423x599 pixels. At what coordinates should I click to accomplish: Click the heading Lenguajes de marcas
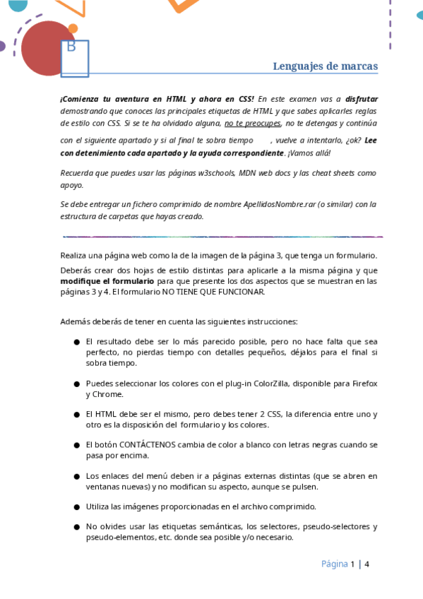[x=325, y=66]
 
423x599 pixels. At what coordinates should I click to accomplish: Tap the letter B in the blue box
[x=71, y=47]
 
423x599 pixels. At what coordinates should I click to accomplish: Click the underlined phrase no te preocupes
[x=253, y=122]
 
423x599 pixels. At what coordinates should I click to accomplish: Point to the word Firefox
[x=362, y=384]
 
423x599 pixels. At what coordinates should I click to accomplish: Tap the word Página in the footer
[x=334, y=564]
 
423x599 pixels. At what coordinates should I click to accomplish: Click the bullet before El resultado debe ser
[x=76, y=341]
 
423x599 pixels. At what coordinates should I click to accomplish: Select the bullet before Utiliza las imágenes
[x=76, y=506]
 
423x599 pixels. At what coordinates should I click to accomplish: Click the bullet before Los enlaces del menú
[x=76, y=476]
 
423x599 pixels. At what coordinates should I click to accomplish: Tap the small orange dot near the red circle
[x=73, y=28]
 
